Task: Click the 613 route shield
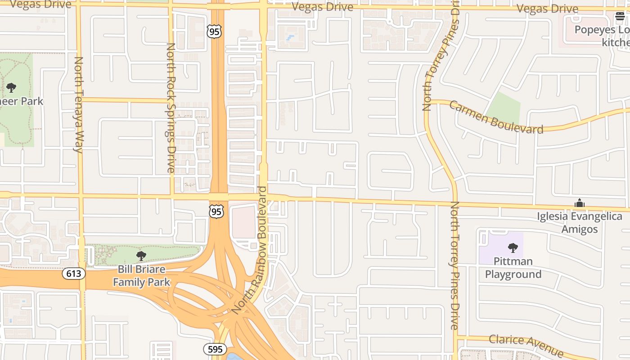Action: click(74, 273)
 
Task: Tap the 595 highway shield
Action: click(215, 349)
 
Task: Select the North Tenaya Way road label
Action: click(79, 104)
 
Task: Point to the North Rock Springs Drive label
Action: click(171, 108)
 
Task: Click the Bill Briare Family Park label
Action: click(141, 276)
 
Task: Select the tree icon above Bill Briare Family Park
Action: click(141, 256)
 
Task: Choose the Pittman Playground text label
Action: click(513, 268)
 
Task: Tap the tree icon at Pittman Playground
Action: click(513, 247)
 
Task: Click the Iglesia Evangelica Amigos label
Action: click(580, 223)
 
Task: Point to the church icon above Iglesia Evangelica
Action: click(580, 203)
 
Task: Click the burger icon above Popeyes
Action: click(620, 17)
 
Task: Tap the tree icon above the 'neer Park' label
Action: click(11, 87)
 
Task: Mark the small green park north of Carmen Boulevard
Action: click(504, 108)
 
